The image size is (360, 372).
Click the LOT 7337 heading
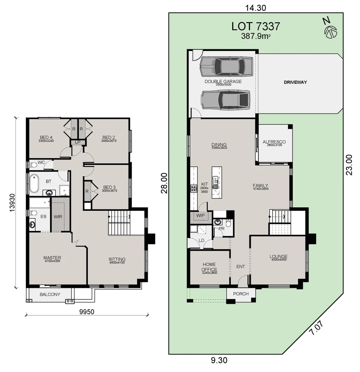[255, 26]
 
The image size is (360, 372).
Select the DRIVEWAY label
[295, 82]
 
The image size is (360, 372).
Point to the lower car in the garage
[226, 100]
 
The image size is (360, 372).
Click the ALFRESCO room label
[274, 142]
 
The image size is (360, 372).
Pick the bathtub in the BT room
[34, 184]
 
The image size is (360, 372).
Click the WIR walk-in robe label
[58, 217]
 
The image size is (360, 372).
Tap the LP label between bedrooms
[78, 142]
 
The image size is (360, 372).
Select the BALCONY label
[50, 294]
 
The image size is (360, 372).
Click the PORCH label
[241, 294]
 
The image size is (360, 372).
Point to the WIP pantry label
[200, 216]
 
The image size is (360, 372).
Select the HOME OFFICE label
[209, 267]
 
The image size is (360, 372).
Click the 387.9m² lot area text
[255, 35]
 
